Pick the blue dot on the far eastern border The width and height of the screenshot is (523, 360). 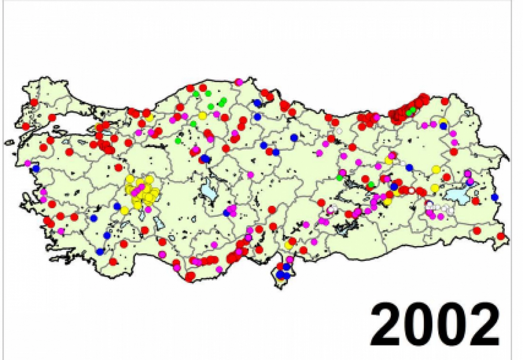495,197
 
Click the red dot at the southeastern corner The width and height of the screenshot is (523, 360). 501,236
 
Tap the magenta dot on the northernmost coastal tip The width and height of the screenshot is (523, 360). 238,82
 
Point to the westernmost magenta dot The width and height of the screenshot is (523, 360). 28,163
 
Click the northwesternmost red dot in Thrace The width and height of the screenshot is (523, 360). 34,102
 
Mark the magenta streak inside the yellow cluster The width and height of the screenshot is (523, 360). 139,189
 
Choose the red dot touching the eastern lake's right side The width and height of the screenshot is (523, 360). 475,201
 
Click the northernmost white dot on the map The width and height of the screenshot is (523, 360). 339,131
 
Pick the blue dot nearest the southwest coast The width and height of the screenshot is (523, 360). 100,252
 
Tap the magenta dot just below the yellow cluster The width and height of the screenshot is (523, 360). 148,210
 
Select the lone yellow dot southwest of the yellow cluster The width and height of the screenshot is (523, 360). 124,210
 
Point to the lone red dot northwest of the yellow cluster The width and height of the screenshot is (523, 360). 118,168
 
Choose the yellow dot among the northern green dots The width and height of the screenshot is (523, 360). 202,116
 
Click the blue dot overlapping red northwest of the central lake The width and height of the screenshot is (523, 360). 205,158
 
